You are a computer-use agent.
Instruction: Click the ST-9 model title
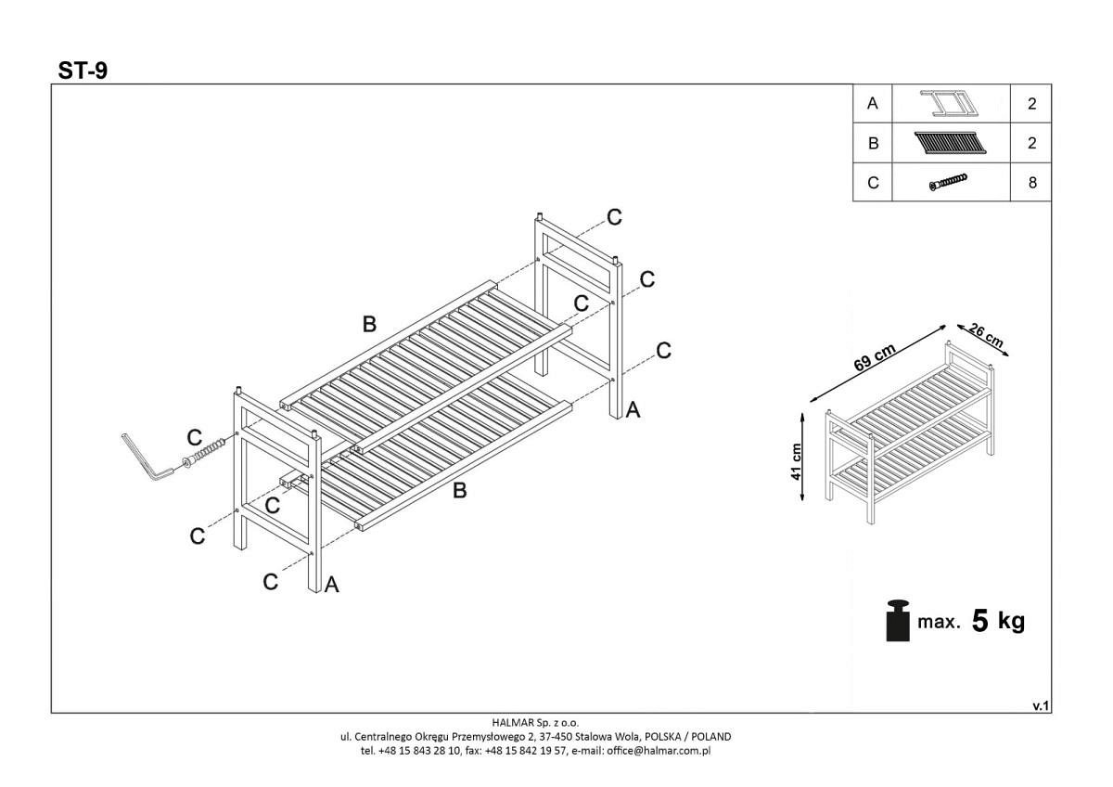[x=83, y=71]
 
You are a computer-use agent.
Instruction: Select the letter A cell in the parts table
[x=872, y=104]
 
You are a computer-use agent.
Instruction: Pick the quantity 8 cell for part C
[x=1031, y=183]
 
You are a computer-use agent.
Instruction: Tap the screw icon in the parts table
[x=948, y=182]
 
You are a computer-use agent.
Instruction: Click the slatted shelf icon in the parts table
[x=949, y=143]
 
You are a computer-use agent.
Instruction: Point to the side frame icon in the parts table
[x=948, y=103]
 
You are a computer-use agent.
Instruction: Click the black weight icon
[x=897, y=620]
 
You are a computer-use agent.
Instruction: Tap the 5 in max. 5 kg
[x=979, y=621]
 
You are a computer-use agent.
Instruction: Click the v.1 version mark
[x=1040, y=706]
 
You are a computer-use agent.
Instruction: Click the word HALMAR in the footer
[x=511, y=722]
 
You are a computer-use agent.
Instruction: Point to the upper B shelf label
[x=369, y=324]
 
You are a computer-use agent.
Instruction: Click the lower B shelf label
[x=459, y=491]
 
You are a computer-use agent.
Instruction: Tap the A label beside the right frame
[x=633, y=408]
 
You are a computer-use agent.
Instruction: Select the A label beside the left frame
[x=331, y=585]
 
